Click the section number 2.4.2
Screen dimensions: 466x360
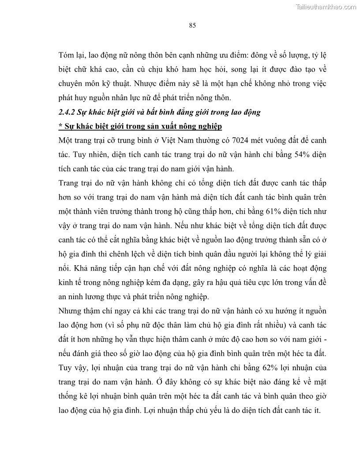click(x=68, y=112)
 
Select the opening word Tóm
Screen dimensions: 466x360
click(x=67, y=56)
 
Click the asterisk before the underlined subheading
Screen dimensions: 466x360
click(x=60, y=127)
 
